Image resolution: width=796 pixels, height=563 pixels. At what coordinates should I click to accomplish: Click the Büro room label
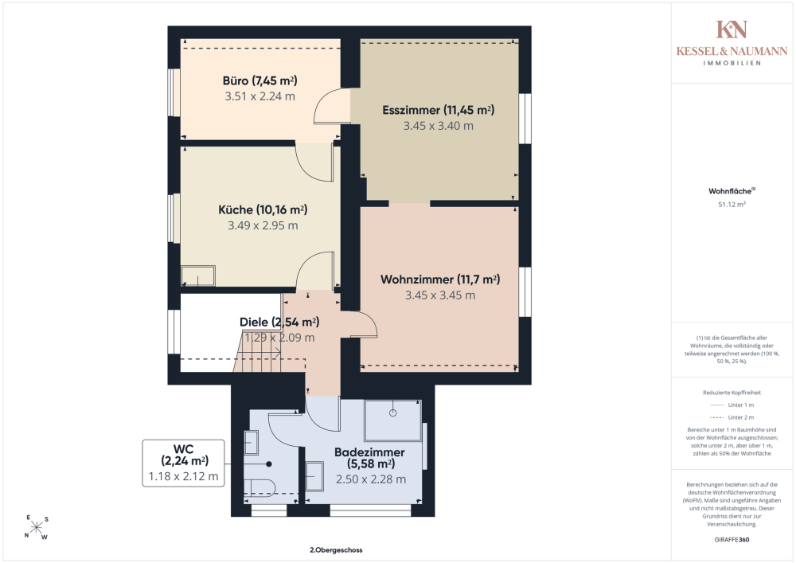click(x=259, y=80)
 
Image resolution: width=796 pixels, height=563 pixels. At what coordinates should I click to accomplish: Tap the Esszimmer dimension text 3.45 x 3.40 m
click(x=438, y=126)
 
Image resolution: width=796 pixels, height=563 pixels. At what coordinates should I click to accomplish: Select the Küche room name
click(x=236, y=209)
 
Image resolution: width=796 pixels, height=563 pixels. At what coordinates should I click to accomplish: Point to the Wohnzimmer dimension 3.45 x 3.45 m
click(x=440, y=295)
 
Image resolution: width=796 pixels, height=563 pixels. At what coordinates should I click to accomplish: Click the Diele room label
click(x=254, y=323)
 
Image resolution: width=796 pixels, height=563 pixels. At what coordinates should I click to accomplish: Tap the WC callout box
click(x=183, y=463)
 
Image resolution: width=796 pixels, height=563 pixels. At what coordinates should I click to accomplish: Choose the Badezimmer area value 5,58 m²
click(x=371, y=464)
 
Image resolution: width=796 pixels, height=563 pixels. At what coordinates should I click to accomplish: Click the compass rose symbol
click(x=37, y=527)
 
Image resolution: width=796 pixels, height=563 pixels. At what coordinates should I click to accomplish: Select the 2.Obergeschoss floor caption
click(x=336, y=549)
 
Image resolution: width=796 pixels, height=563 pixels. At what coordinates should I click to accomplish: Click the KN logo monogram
click(x=732, y=29)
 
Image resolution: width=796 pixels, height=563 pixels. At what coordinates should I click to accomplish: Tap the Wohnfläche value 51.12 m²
click(x=732, y=205)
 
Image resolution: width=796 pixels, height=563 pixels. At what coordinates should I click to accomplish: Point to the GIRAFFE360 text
click(x=732, y=540)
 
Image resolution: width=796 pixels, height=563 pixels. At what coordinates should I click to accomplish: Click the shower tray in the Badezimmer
click(x=393, y=420)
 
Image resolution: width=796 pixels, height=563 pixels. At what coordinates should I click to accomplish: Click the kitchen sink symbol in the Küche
click(x=198, y=276)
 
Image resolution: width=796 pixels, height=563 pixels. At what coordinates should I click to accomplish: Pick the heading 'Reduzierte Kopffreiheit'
click(x=732, y=393)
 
